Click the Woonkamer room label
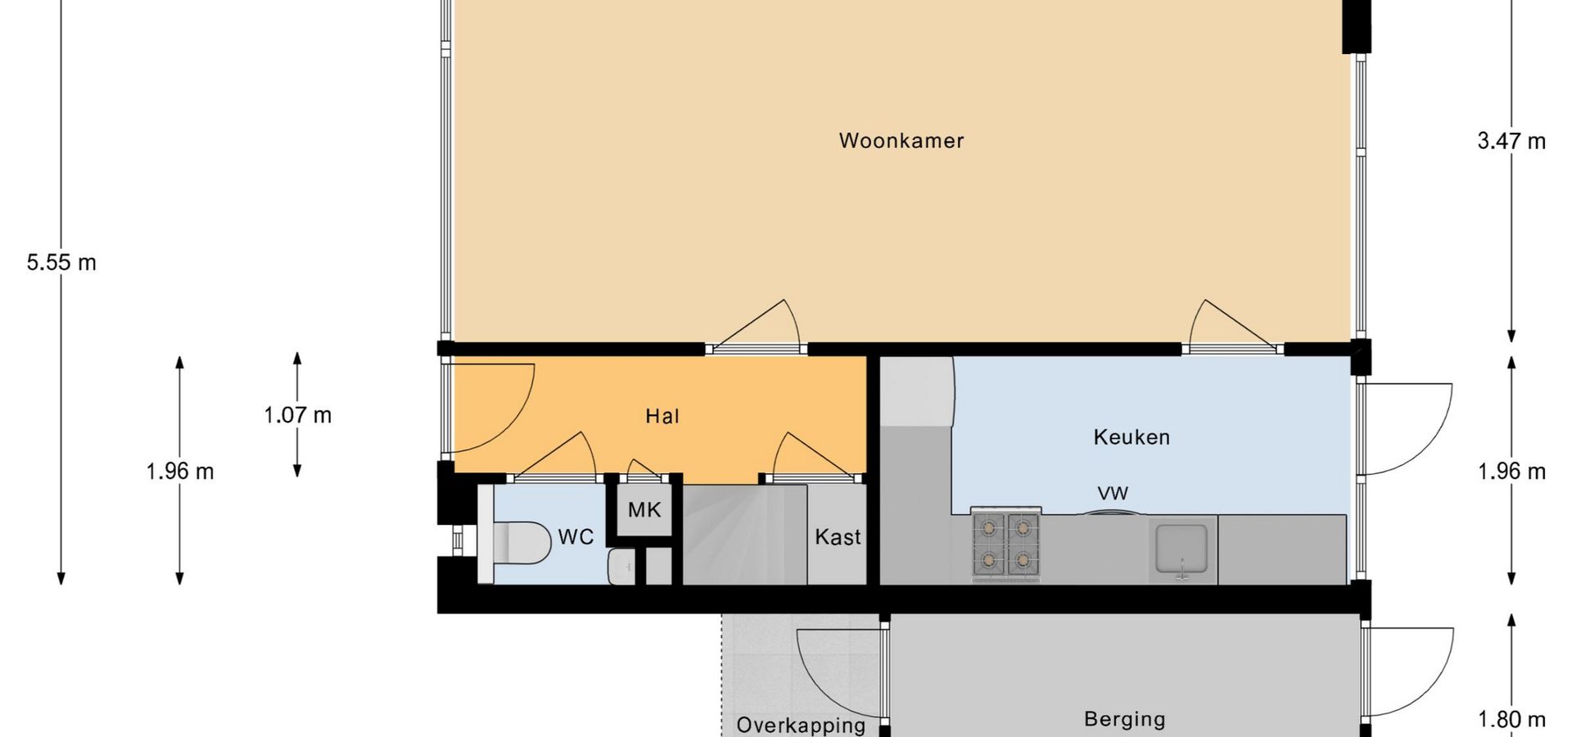point(901,141)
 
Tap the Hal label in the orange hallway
point(662,417)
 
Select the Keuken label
point(1132,437)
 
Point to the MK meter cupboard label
point(644,510)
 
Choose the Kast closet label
point(838,537)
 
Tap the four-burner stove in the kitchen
point(1006,545)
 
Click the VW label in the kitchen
point(1113,494)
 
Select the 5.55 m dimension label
point(61,263)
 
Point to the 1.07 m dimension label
point(297,415)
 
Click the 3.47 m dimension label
point(1511,142)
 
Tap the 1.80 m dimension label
point(1511,720)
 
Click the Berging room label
point(1124,719)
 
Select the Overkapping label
point(801,726)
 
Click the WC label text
point(576,537)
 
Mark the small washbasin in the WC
point(621,566)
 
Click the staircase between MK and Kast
point(745,534)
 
